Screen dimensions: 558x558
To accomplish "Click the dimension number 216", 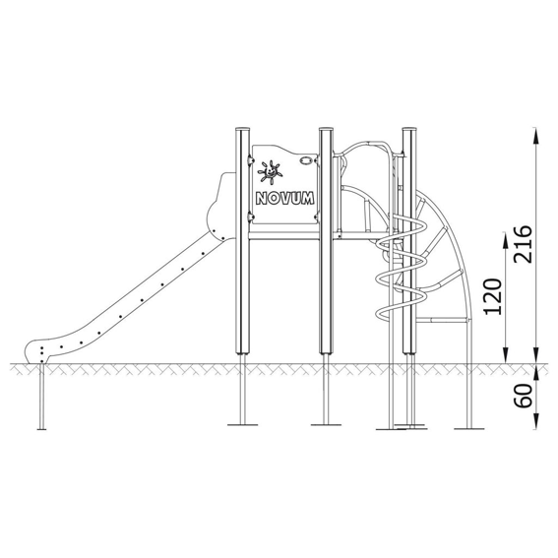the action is coord(523,244).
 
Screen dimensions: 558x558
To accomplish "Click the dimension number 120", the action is coord(493,297).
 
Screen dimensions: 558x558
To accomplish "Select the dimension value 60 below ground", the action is coord(523,396).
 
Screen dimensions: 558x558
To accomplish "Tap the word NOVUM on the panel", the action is coord(285,198).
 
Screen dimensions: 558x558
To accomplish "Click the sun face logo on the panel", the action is coord(271,172).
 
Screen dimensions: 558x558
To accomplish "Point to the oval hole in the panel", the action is coord(305,161).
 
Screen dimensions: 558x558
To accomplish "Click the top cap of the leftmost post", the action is coord(243,129).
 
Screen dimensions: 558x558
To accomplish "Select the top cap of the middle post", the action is coord(326,129).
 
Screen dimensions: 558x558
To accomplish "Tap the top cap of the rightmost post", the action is coord(409,129).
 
